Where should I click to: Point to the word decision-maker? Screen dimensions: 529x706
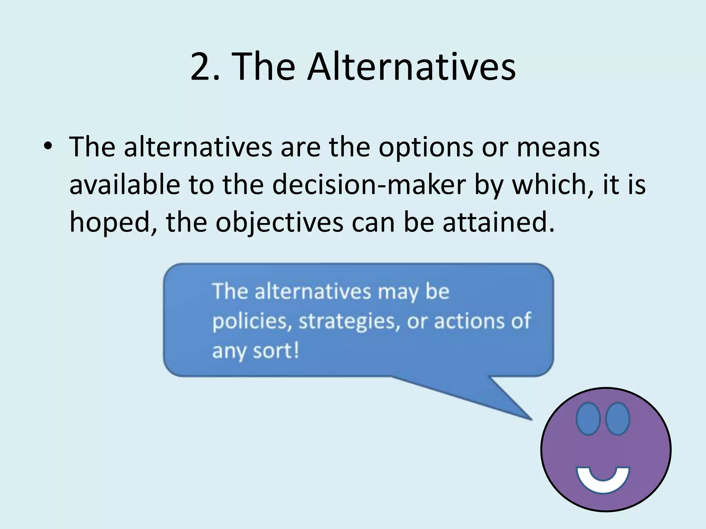pyautogui.click(x=369, y=185)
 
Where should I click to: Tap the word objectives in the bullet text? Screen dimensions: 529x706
pyautogui.click(x=279, y=223)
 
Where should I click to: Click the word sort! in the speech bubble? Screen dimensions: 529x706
pyautogui.click(x=276, y=351)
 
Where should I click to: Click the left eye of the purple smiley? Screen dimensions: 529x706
pyautogui.click(x=588, y=418)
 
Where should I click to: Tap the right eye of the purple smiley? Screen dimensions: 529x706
pyautogui.click(x=618, y=418)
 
